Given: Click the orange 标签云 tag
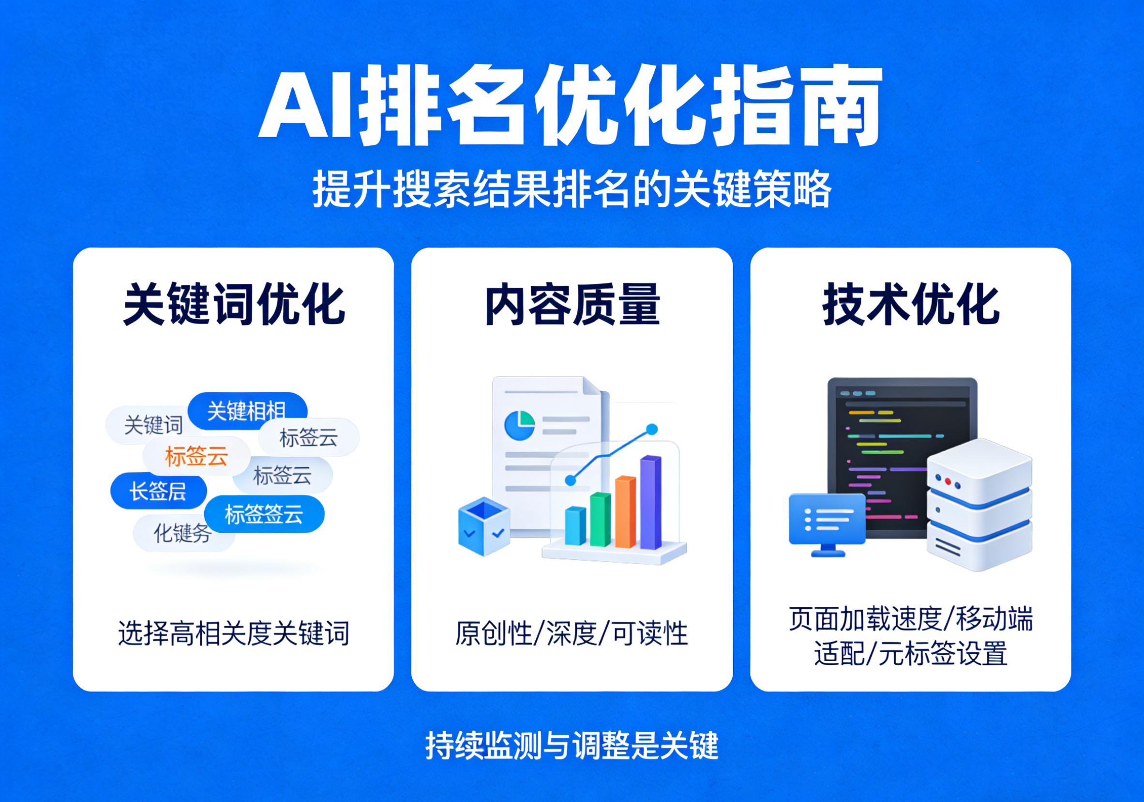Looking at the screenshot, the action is click(x=196, y=456).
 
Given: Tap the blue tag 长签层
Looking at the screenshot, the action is click(x=158, y=491).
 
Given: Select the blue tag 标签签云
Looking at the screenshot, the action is click(x=264, y=514).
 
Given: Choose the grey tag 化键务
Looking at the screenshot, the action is click(x=182, y=533).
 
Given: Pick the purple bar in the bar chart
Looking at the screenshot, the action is click(x=650, y=501).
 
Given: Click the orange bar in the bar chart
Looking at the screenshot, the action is click(x=625, y=512).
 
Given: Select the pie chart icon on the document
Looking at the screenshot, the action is click(x=519, y=425).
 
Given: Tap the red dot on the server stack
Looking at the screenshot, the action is click(x=948, y=482).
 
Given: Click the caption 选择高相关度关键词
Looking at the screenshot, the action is click(x=234, y=633).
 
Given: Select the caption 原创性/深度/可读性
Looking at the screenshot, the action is click(x=572, y=633).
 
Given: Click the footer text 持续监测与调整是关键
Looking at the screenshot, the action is click(x=572, y=745).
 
